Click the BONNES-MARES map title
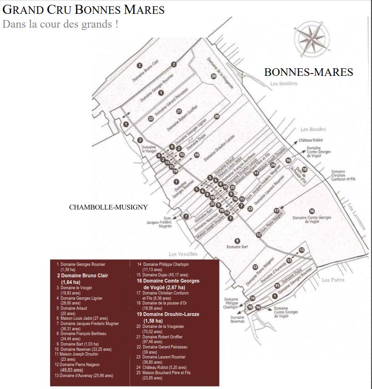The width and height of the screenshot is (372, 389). tap(308, 72)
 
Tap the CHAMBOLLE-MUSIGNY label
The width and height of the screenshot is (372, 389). tap(109, 207)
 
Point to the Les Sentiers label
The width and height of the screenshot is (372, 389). tap(284, 84)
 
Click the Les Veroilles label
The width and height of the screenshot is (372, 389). tap(183, 254)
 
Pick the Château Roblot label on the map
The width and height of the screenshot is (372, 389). tap(312, 140)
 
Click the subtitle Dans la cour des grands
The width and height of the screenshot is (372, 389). tap(60, 24)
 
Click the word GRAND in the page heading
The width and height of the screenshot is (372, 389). tap(22, 10)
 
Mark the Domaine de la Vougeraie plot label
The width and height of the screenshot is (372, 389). tap(220, 73)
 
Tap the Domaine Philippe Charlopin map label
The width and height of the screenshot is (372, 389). tap(231, 304)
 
